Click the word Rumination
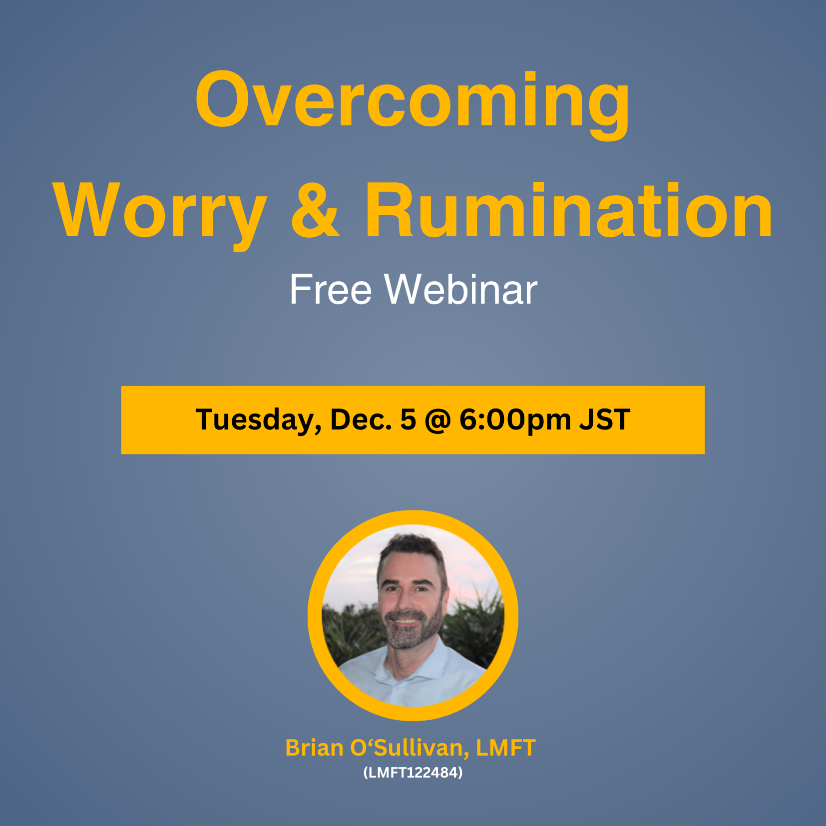click(569, 210)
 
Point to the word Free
click(331, 290)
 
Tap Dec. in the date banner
click(361, 419)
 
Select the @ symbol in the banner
click(438, 420)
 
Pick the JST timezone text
click(604, 419)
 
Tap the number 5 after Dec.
click(408, 420)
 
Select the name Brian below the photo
click(314, 748)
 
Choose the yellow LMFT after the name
click(505, 748)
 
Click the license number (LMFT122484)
click(413, 773)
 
